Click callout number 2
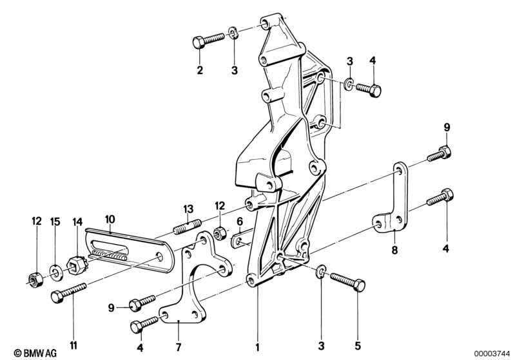(200, 70)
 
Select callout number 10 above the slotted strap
(110, 219)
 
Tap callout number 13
(188, 209)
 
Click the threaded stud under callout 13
(184, 227)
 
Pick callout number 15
(55, 222)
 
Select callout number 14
(78, 222)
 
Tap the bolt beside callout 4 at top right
(368, 89)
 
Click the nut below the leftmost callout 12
(36, 278)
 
